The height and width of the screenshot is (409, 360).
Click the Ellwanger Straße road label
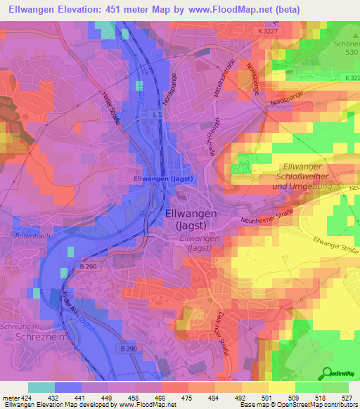(x=335, y=247)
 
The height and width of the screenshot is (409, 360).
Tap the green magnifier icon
(x=326, y=373)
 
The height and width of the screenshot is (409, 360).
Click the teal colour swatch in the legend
(x=41, y=387)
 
